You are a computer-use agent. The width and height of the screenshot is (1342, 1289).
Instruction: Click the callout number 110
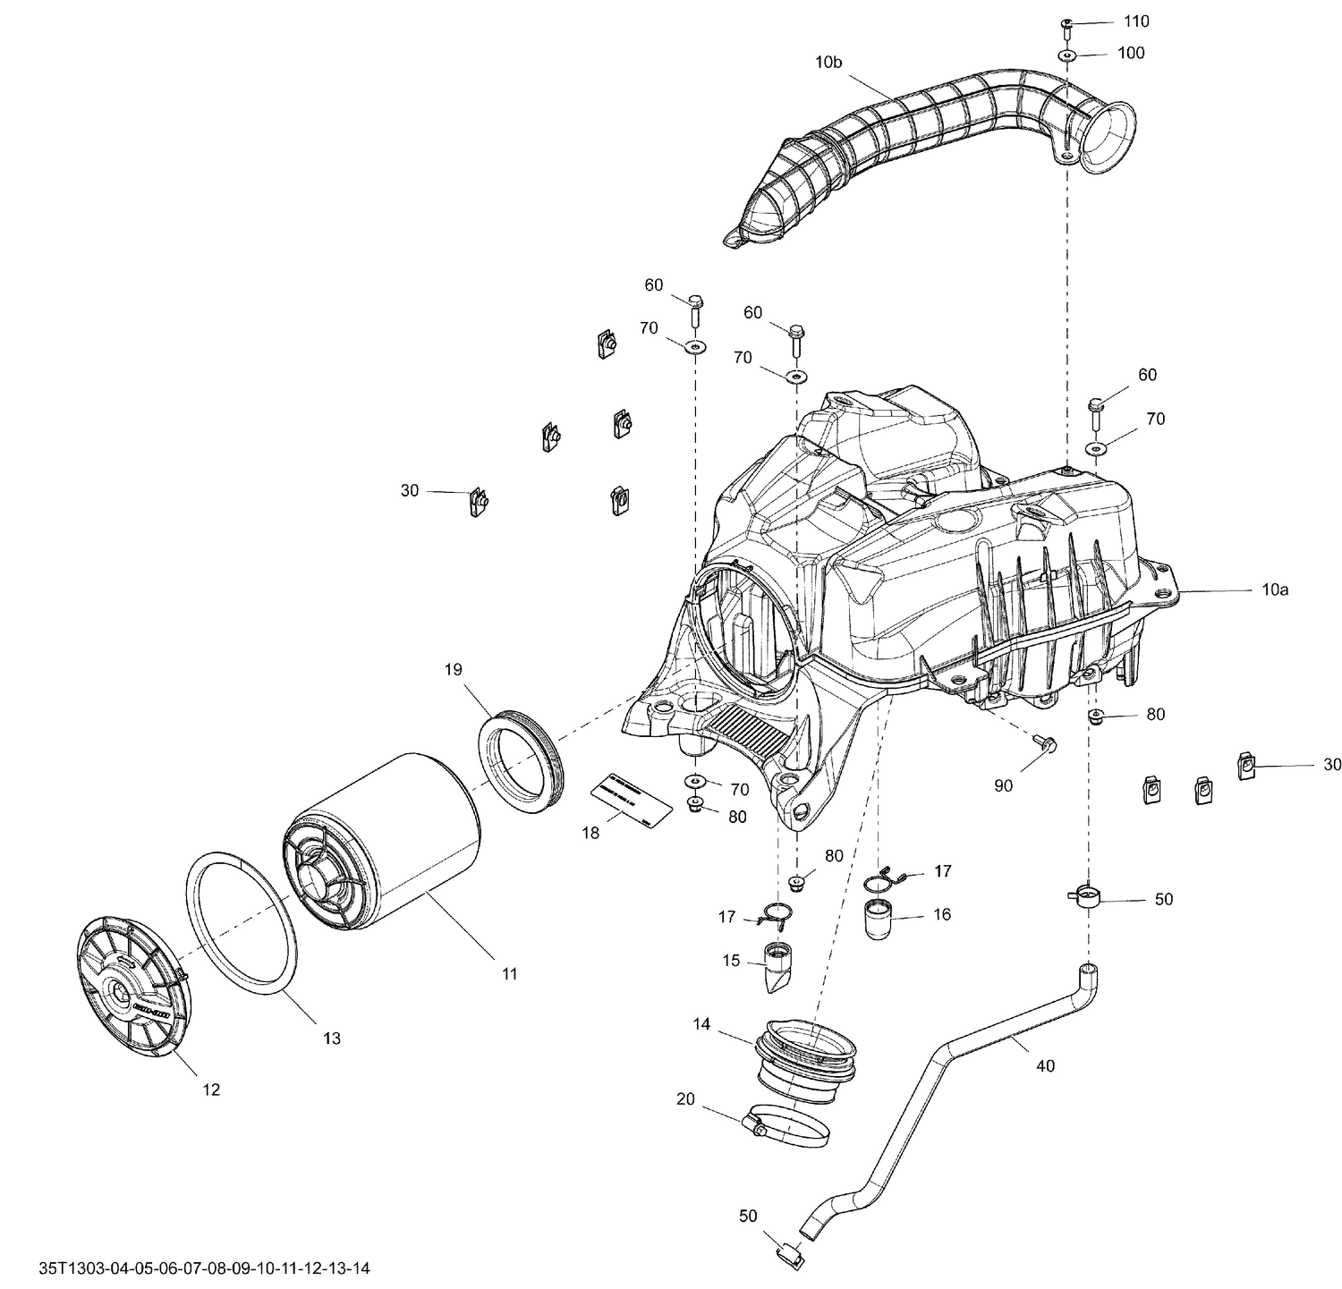[1136, 21]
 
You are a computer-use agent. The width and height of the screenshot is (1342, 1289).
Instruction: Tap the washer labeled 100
[1069, 55]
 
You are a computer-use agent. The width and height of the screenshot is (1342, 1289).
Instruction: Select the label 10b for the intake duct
[828, 63]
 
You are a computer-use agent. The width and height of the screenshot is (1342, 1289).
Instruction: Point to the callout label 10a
[1275, 590]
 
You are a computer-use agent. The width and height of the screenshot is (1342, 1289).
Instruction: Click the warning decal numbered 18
[631, 795]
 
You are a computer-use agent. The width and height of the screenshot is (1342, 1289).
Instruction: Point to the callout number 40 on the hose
[1045, 1065]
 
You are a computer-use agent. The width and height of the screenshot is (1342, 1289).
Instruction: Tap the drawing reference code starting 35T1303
[205, 1268]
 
